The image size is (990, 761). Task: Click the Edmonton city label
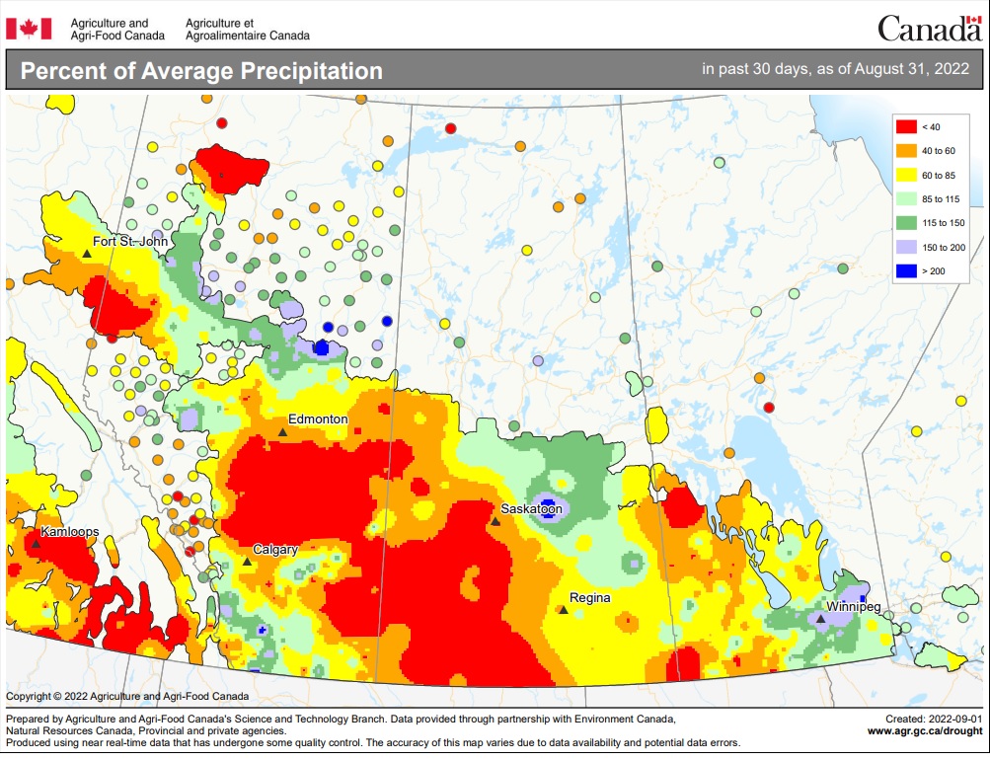pyautogui.click(x=318, y=419)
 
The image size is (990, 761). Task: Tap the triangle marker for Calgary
pyautogui.click(x=247, y=562)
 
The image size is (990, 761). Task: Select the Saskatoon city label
pyautogui.click(x=531, y=509)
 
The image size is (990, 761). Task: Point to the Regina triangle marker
pyautogui.click(x=563, y=610)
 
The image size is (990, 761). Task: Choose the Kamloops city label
pyautogui.click(x=69, y=531)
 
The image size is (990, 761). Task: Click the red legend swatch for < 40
pyautogui.click(x=905, y=126)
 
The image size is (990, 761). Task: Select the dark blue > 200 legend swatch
pyautogui.click(x=905, y=270)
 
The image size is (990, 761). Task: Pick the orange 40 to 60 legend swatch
pyautogui.click(x=905, y=151)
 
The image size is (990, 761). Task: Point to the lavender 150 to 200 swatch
pyautogui.click(x=905, y=247)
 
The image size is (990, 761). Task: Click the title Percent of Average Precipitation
pyautogui.click(x=201, y=71)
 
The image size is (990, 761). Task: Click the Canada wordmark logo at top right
pyautogui.click(x=929, y=29)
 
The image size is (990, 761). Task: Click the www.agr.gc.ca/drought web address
pyautogui.click(x=925, y=731)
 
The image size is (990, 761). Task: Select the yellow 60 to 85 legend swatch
pyautogui.click(x=905, y=175)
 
